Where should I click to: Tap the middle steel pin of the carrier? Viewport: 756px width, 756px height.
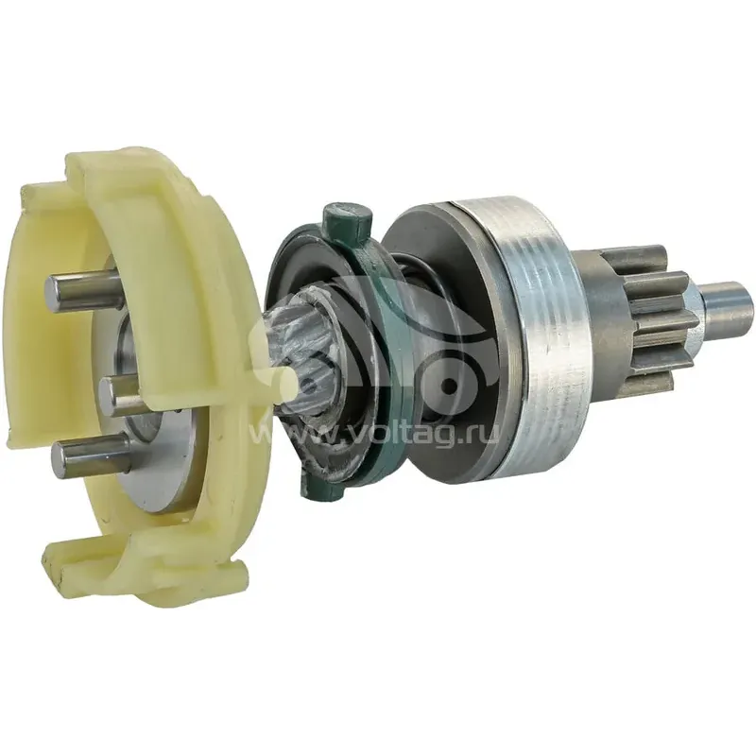(120, 395)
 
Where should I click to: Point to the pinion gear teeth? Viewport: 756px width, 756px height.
(645, 315)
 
